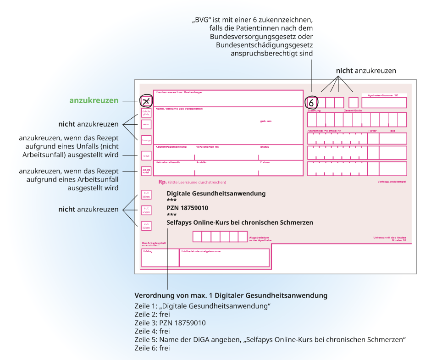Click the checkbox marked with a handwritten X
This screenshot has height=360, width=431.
click(x=146, y=101)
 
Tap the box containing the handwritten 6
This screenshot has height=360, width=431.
click(x=312, y=102)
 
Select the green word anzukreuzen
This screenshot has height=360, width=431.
click(x=94, y=100)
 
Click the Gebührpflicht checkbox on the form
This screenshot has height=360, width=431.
click(x=146, y=112)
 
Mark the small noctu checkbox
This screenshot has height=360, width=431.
click(x=146, y=124)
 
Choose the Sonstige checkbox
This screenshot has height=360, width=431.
click(x=146, y=139)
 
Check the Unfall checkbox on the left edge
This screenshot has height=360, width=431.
click(x=146, y=156)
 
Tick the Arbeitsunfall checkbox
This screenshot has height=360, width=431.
click(x=146, y=171)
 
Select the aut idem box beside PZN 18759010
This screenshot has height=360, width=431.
click(x=146, y=210)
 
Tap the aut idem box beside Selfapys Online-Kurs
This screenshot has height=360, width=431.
click(x=146, y=226)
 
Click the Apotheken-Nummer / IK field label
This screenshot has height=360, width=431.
click(x=383, y=95)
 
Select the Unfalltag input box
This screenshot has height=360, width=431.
click(x=160, y=258)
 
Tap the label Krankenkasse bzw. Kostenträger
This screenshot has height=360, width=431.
click(x=179, y=92)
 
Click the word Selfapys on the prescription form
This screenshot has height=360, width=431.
click(x=181, y=222)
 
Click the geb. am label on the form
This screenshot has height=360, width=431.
click(x=266, y=121)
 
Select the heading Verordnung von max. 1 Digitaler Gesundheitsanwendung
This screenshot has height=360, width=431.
click(x=231, y=295)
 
